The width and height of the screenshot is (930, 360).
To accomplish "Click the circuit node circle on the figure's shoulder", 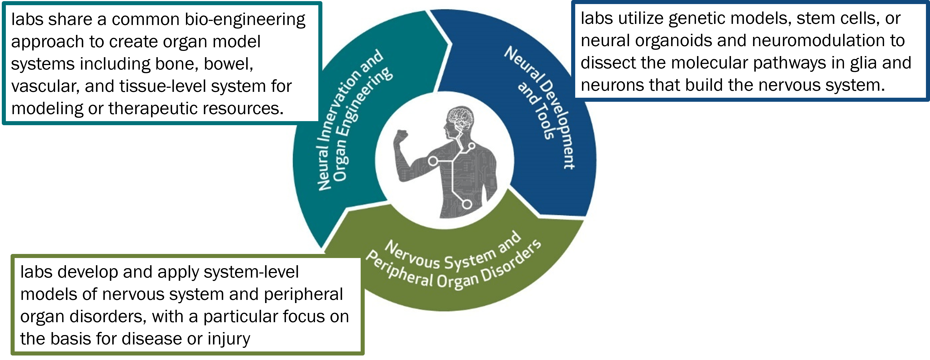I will [x=433, y=161].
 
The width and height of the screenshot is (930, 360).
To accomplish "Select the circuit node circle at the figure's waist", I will [x=467, y=204].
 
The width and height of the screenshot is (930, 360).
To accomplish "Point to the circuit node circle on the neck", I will [x=471, y=146].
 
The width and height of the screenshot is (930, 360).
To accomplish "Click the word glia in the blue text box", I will [x=863, y=63].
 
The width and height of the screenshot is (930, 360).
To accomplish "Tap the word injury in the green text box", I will [x=229, y=339].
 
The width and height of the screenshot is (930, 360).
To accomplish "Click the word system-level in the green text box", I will [x=251, y=272].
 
